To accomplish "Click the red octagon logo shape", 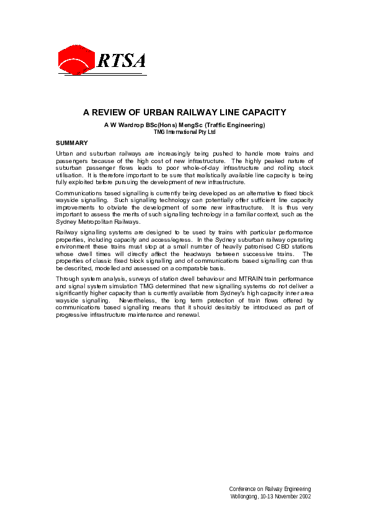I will [76, 60].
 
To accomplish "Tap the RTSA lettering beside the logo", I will [122, 60].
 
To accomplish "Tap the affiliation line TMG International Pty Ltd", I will [184, 132].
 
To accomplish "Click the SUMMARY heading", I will [72, 143].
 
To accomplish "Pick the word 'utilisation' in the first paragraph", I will [69, 175].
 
